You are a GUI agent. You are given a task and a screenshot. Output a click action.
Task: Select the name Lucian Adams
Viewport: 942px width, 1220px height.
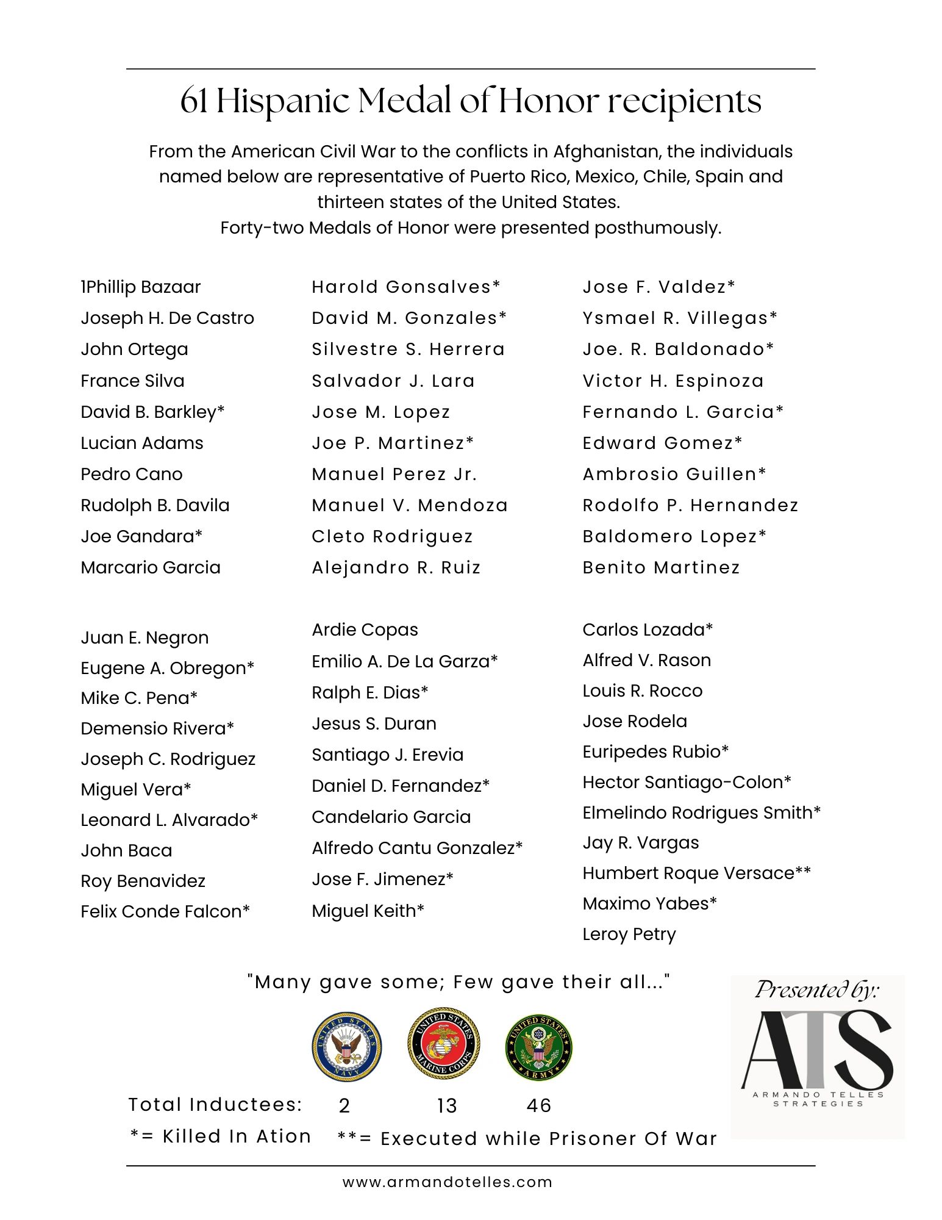[x=141, y=443]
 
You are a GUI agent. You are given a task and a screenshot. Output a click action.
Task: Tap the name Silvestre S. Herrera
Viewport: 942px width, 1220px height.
[x=408, y=349]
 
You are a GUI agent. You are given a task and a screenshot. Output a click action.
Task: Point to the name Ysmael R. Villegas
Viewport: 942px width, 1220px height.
[x=679, y=318]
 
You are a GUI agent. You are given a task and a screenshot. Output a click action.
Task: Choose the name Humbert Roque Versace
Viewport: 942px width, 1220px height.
[x=696, y=873]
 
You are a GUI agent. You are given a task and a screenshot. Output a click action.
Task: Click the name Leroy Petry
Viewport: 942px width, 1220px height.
[x=629, y=934]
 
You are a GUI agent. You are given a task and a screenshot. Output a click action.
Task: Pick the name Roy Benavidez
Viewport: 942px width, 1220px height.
[x=143, y=881]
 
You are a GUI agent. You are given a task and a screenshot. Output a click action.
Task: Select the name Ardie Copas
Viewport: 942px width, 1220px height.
[x=365, y=630]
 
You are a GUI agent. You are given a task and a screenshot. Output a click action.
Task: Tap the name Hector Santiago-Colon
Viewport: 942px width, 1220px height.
[x=687, y=782]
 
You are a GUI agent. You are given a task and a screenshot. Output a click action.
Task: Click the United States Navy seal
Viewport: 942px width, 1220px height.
[x=346, y=1047]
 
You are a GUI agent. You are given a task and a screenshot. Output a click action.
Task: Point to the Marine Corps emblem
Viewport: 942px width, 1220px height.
[x=443, y=1044]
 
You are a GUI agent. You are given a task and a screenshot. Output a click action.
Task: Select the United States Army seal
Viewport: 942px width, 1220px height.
[x=539, y=1047]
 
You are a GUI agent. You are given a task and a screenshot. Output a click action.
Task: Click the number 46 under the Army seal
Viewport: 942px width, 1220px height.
[x=539, y=1105]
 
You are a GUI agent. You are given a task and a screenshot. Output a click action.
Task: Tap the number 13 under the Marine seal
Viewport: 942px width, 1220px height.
[x=447, y=1105]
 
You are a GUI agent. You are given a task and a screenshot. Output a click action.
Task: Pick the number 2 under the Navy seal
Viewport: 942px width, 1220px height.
[x=344, y=1105]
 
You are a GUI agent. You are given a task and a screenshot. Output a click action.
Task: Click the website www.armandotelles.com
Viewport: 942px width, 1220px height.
[x=447, y=1182]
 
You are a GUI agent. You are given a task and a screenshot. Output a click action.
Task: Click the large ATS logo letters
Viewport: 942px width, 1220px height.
[x=816, y=1050]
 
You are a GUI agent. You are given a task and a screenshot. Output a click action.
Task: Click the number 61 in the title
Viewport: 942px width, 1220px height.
[x=193, y=101]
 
